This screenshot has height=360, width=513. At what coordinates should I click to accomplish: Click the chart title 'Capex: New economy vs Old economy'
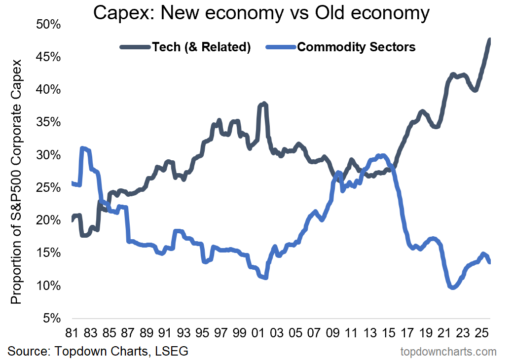[261, 14]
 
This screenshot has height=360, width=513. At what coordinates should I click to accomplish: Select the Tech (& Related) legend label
[202, 47]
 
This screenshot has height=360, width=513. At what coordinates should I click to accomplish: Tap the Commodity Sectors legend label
[356, 47]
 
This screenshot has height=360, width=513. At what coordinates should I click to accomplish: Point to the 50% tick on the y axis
[48, 24]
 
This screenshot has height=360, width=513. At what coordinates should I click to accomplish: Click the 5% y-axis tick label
[51, 318]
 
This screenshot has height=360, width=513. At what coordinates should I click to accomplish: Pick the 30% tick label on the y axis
[48, 155]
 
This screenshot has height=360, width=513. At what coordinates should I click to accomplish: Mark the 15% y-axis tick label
[48, 253]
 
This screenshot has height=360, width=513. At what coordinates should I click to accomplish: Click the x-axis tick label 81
[73, 333]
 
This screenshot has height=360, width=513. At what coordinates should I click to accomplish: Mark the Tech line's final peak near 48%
[489, 39]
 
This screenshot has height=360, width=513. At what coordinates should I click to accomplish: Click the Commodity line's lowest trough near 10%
[453, 287]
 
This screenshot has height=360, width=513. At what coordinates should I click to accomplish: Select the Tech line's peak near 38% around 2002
[264, 104]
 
